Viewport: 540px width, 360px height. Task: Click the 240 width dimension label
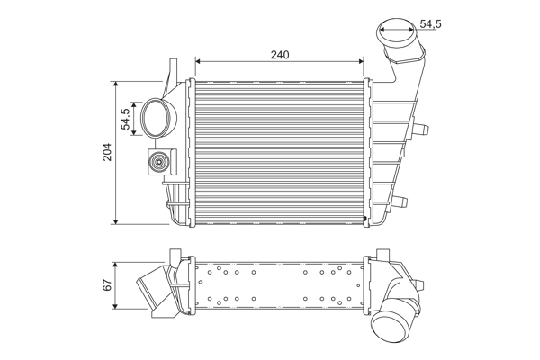280,55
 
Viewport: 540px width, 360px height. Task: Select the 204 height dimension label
107,151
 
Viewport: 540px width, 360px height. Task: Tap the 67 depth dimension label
107,285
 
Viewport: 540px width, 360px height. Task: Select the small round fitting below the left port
159,164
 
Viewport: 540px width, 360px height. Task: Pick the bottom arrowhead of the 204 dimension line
117,220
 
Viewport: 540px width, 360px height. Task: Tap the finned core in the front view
279,151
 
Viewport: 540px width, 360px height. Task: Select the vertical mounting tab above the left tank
172,72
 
